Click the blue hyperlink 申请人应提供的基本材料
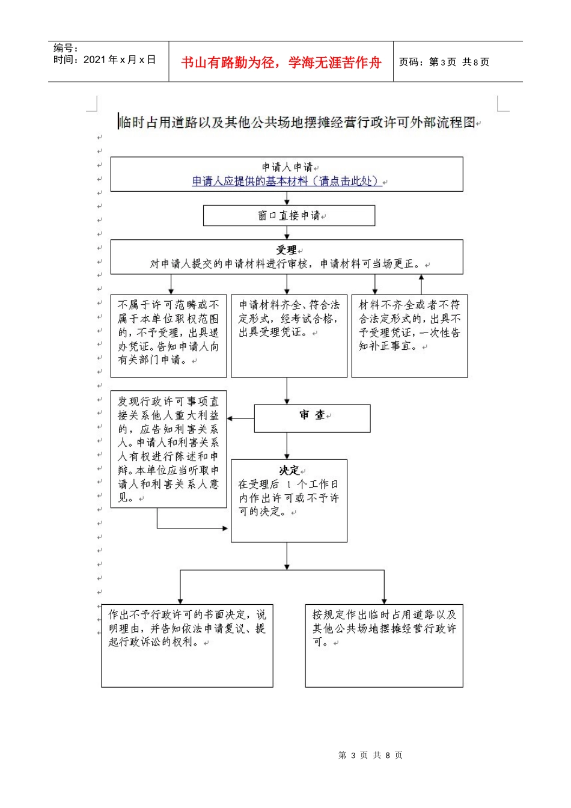coord(287,181)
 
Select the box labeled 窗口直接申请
coord(289,216)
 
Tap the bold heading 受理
coord(286,250)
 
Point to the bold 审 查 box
coord(312,418)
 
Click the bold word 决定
coord(289,471)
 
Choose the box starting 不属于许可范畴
coord(168,335)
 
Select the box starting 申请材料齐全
coord(289,335)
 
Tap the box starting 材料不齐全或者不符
coord(409,335)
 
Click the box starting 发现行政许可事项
coord(168,448)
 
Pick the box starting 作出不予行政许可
coord(187,645)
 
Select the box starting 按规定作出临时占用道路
coord(384,645)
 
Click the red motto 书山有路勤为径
coord(281,63)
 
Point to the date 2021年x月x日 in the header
coord(120,60)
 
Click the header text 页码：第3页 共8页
coord(444,62)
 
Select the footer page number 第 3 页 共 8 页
coord(370,755)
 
